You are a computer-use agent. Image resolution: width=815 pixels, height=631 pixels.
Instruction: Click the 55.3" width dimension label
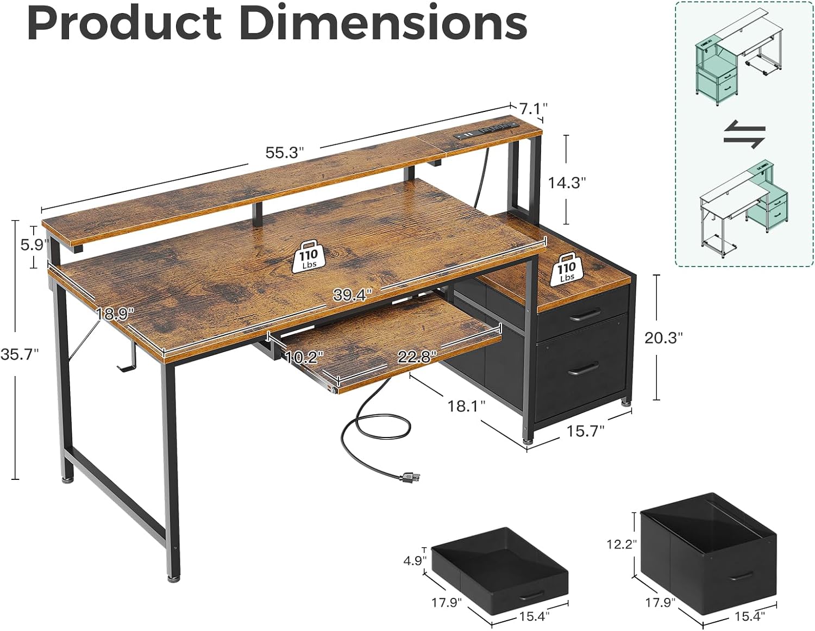(284, 153)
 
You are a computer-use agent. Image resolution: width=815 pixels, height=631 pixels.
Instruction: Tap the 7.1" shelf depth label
(533, 109)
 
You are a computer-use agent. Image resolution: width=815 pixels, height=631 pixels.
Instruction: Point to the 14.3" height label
(567, 183)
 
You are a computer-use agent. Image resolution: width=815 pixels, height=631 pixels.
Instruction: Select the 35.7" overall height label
(20, 354)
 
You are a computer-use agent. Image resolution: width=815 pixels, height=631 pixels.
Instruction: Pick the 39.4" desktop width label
(352, 295)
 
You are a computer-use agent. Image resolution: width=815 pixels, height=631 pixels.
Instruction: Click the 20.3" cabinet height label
(663, 338)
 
